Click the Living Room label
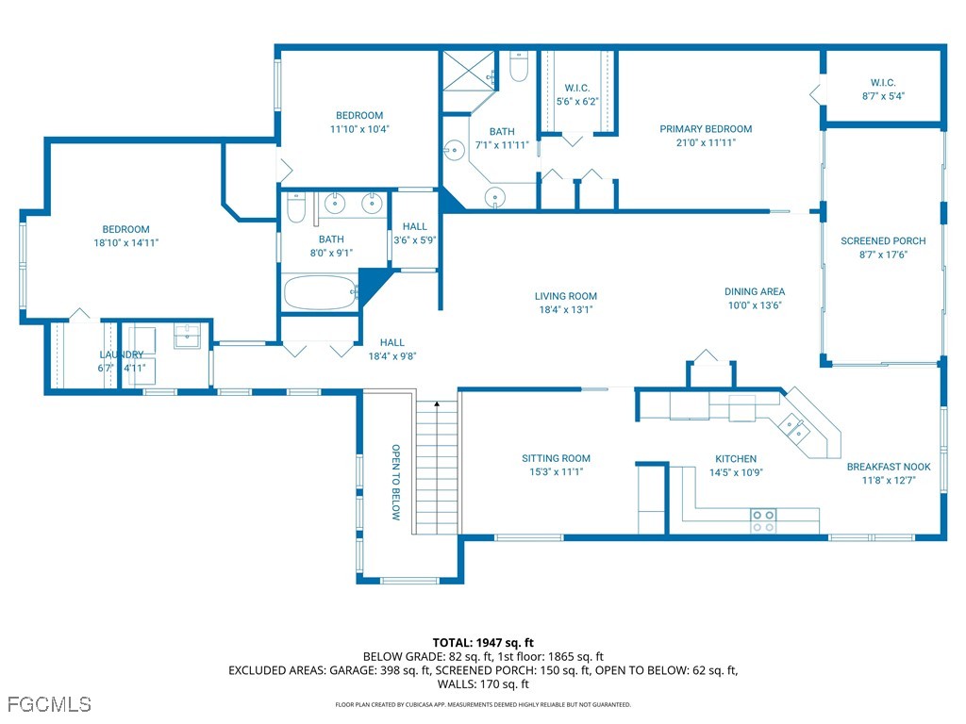pos(566,296)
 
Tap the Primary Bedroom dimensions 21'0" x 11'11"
pos(706,142)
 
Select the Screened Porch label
pos(883,241)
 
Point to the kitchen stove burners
pos(762,520)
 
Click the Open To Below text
pos(396,482)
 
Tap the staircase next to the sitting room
pos(437,467)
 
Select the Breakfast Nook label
pos(888,467)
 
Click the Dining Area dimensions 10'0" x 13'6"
pos(754,304)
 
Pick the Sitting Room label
pos(556,459)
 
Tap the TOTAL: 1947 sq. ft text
pos(483,643)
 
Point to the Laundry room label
pos(121,354)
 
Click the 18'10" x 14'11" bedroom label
pos(125,229)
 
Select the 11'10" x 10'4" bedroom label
pos(359,116)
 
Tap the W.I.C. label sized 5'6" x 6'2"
pos(576,88)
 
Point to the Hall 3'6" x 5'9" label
pos(414,226)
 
